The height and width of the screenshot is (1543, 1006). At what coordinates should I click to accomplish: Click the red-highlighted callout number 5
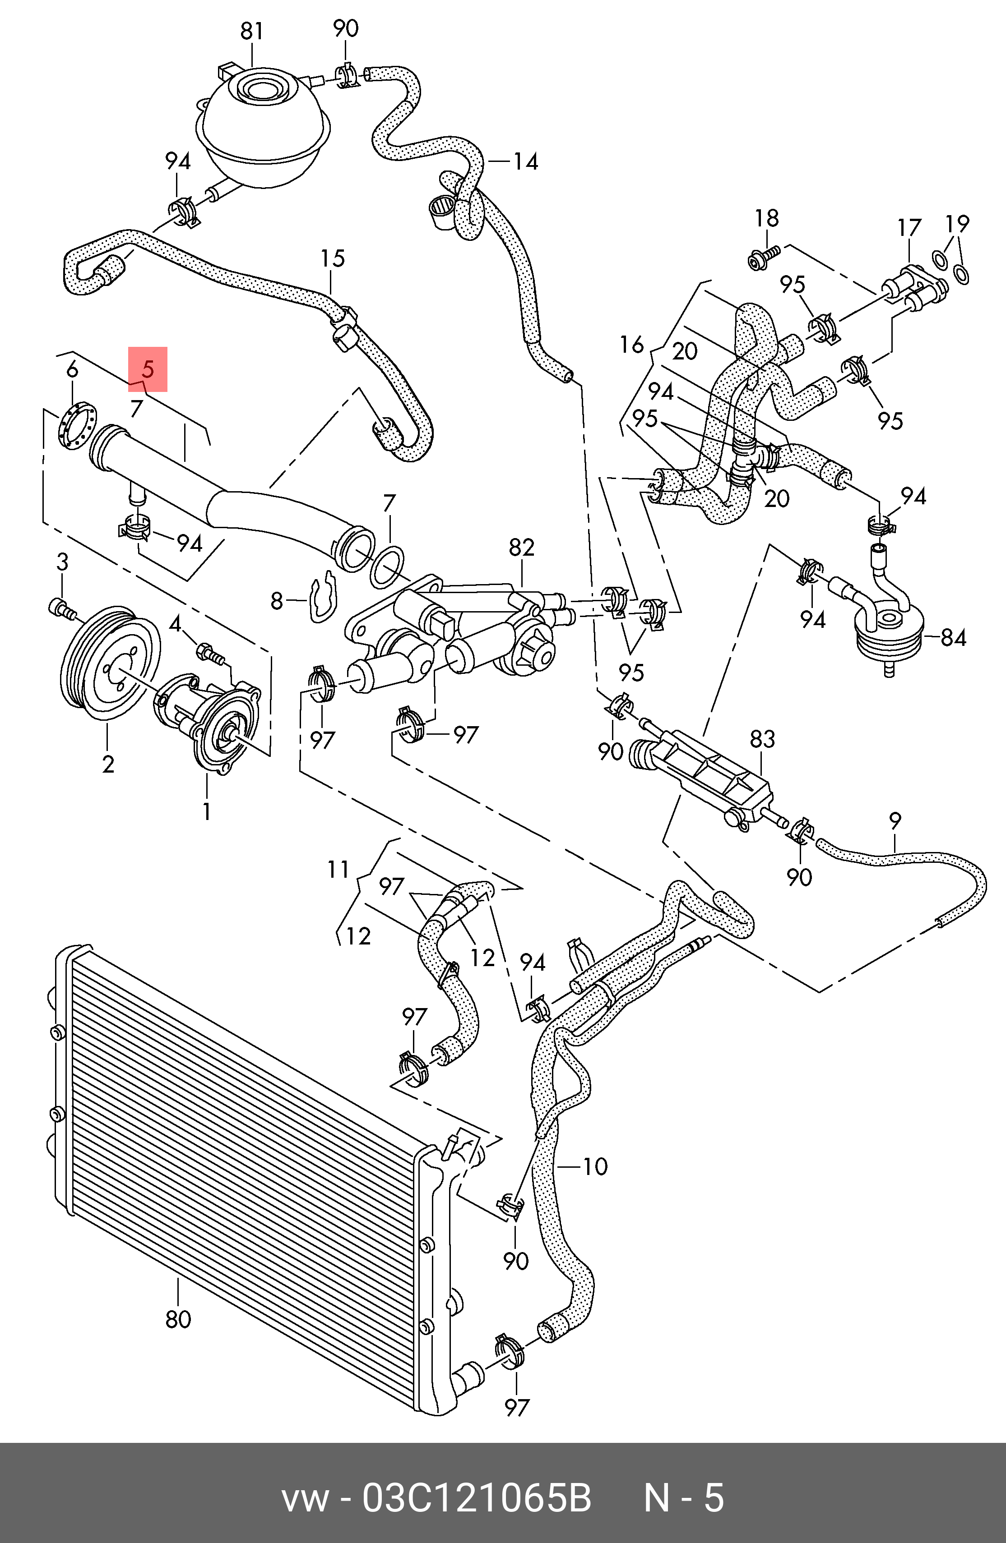click(x=148, y=369)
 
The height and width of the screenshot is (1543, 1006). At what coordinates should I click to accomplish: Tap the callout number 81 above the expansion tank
click(x=252, y=31)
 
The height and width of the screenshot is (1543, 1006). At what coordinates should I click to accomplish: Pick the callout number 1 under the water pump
click(x=206, y=811)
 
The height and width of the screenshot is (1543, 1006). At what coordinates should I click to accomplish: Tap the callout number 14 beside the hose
click(x=526, y=161)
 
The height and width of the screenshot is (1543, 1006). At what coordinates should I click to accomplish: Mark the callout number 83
click(x=762, y=738)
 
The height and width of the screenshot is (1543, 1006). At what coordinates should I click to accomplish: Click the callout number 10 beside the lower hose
click(x=595, y=1166)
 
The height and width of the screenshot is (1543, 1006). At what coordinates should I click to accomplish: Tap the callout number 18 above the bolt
click(x=767, y=218)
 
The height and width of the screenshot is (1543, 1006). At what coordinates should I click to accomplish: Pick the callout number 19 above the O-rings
click(x=957, y=224)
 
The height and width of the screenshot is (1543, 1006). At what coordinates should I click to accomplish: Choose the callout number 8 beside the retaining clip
click(x=277, y=602)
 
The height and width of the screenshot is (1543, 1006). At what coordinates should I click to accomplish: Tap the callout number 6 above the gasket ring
click(x=72, y=369)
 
